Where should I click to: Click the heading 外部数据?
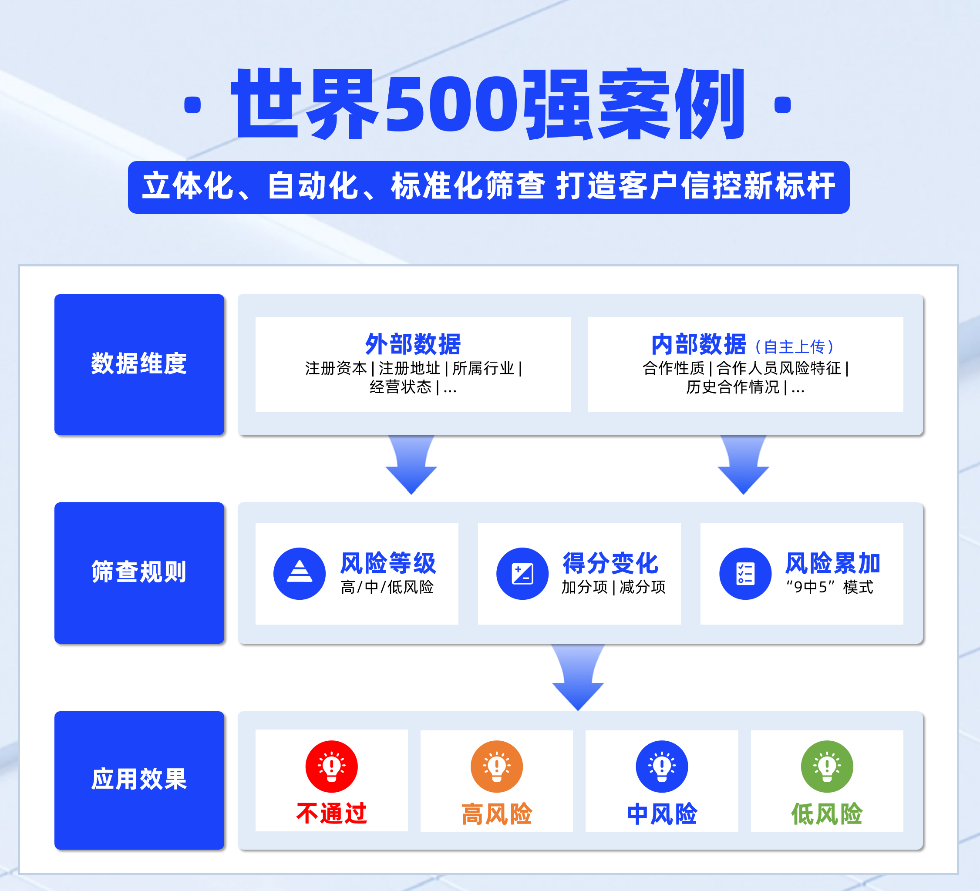coord(413,344)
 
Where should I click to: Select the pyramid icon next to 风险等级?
coord(300,573)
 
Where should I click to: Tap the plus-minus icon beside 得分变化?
coord(522,573)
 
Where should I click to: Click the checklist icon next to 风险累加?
coord(745,573)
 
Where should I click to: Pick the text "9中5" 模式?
coord(829,587)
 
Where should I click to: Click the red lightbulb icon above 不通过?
coord(331,766)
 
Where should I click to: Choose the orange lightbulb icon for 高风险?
coord(496,766)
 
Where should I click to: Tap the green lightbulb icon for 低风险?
coord(827,766)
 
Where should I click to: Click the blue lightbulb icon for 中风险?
coord(662,766)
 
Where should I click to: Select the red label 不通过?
coord(331,813)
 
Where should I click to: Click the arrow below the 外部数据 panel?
coord(411,466)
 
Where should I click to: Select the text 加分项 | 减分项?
coord(613,587)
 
